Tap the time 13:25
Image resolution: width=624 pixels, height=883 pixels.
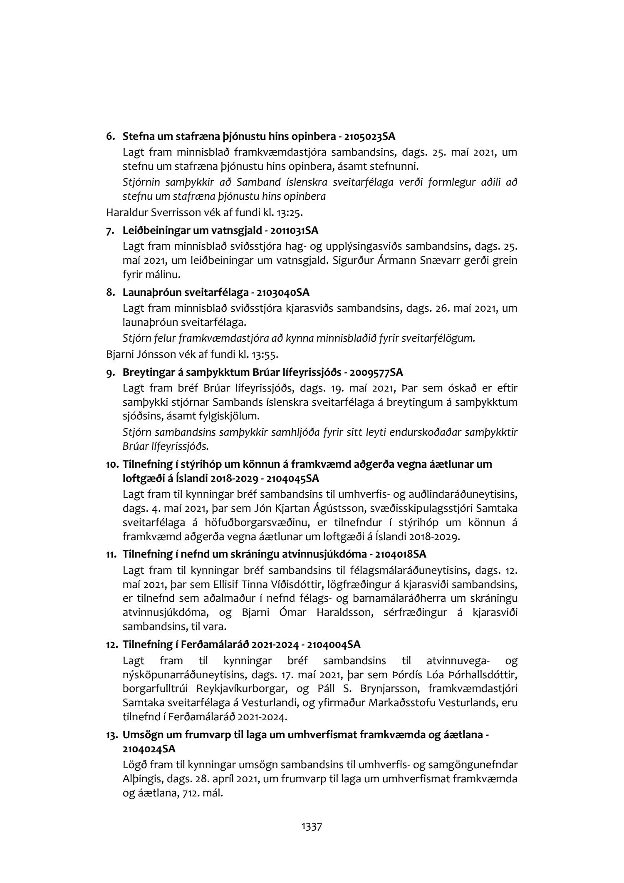[x=290, y=213]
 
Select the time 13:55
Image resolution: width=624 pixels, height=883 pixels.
[x=265, y=355]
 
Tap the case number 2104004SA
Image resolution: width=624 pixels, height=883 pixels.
[x=334, y=645]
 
